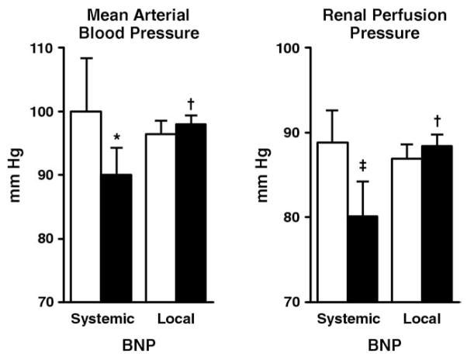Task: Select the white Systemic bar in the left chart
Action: [x=86, y=206]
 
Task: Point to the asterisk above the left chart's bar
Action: [x=116, y=138]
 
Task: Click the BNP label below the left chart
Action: [x=137, y=344]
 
